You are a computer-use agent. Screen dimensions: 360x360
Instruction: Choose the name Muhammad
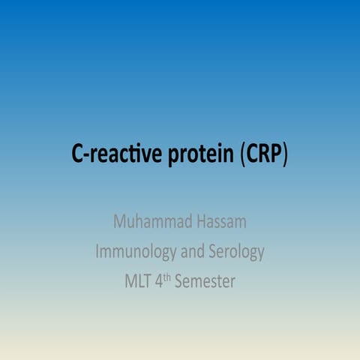click(x=148, y=222)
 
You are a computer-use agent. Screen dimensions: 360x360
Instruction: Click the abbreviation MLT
click(x=139, y=283)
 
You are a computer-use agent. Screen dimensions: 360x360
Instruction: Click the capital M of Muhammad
click(x=120, y=222)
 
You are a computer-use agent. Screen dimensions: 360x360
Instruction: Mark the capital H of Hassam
click(x=193, y=222)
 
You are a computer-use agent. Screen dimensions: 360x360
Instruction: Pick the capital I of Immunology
click(x=97, y=252)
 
